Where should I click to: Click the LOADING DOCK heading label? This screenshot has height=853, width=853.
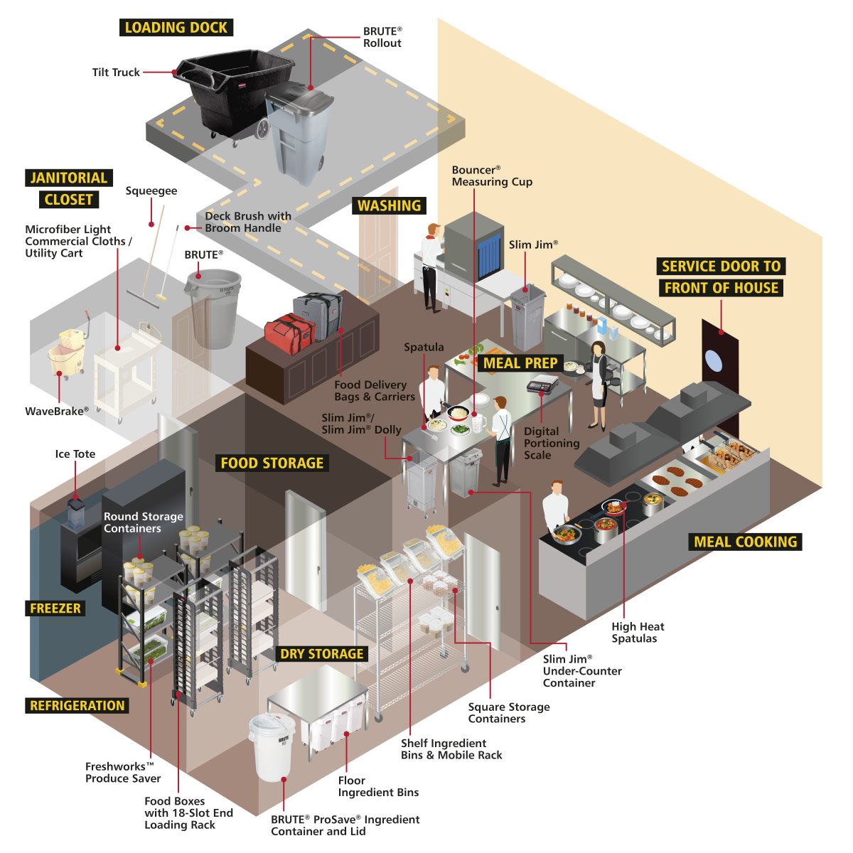point(176,28)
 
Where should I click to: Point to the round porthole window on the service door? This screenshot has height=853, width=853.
point(713,360)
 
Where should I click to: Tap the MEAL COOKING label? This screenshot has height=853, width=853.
point(745,542)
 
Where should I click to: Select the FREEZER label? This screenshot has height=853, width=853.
point(55,608)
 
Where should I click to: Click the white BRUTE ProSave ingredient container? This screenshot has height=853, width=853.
point(272,746)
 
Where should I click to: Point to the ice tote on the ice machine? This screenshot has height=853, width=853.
point(76,513)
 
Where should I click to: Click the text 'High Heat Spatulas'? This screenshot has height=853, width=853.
point(637,633)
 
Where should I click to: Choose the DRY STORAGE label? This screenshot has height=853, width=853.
point(321,654)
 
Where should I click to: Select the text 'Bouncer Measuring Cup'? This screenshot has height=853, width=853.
point(491,176)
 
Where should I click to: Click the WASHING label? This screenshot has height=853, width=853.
point(389,205)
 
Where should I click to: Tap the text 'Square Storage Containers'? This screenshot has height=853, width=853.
point(508,712)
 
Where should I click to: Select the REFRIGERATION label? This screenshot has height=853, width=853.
point(77,706)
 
